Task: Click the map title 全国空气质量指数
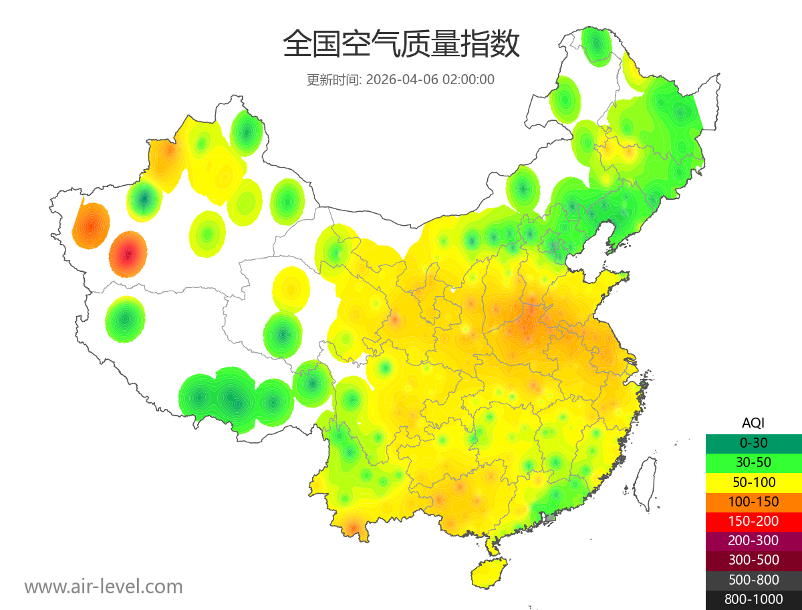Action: point(401,45)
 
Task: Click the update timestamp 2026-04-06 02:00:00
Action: point(430,80)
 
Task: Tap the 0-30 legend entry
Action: point(753,443)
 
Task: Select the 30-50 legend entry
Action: point(753,462)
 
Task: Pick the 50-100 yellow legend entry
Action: point(753,482)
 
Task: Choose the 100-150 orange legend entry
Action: point(753,501)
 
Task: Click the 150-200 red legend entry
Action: point(753,520)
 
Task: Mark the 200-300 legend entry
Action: point(753,541)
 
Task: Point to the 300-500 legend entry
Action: point(753,560)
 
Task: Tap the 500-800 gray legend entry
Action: point(753,579)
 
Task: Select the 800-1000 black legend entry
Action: point(753,599)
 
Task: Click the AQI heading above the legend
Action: point(753,423)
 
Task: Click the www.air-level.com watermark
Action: point(104,587)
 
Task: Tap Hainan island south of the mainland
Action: point(490,573)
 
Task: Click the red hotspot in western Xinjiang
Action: point(128,254)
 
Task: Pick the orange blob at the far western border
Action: point(91,224)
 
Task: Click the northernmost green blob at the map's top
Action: point(596,45)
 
